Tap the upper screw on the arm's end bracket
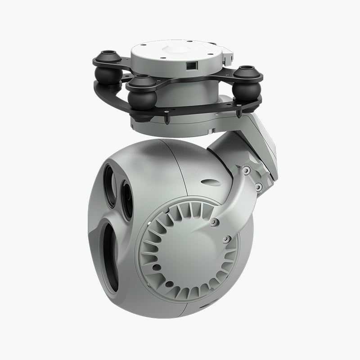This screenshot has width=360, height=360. pos(246,170)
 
